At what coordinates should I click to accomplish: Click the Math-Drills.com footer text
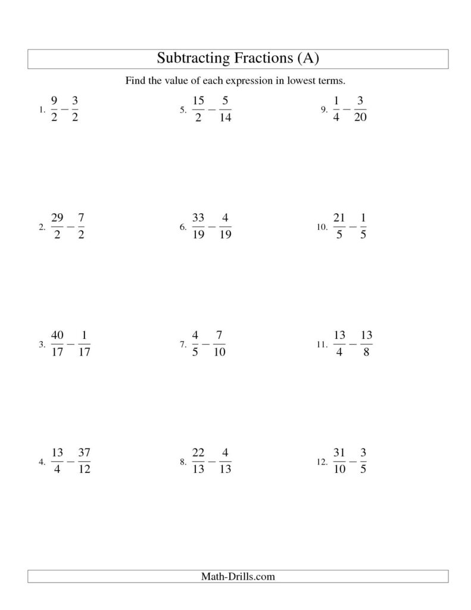click(237, 576)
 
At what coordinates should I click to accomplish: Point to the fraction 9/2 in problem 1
click(55, 109)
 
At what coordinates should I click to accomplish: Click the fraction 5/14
click(225, 109)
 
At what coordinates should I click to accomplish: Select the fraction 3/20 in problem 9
click(360, 109)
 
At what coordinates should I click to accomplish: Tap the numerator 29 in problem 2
click(58, 219)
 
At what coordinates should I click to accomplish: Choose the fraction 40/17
click(58, 344)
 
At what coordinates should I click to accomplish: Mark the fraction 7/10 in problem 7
click(219, 344)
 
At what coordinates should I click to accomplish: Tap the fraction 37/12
click(84, 460)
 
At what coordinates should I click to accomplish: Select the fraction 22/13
click(199, 460)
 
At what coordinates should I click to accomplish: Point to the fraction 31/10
click(339, 460)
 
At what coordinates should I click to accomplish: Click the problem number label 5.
click(183, 110)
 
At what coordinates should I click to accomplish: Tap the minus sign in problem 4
click(71, 461)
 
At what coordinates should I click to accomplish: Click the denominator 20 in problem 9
click(360, 117)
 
